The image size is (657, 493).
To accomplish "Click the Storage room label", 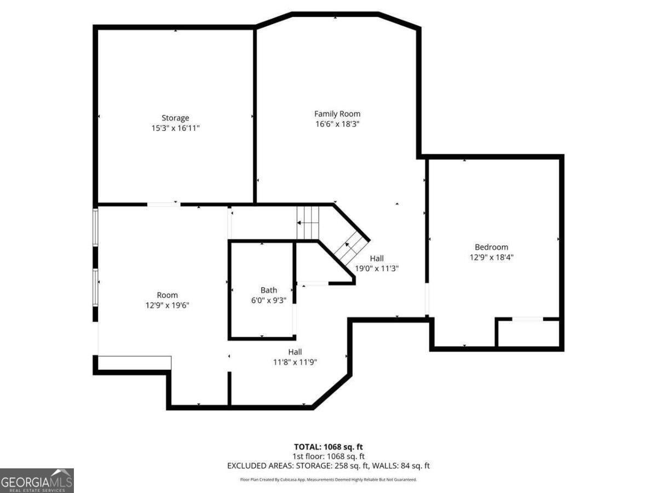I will (x=175, y=118).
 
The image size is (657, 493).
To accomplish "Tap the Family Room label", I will (x=337, y=114).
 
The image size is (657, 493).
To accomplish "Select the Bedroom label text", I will (x=491, y=247).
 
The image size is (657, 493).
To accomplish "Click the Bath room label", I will (x=268, y=290).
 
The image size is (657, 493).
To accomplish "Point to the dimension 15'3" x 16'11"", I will (x=175, y=128).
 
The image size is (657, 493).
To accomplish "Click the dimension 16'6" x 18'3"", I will (x=337, y=124).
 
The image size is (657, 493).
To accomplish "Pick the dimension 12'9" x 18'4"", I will (x=491, y=257).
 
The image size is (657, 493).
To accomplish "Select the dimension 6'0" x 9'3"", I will (x=268, y=300).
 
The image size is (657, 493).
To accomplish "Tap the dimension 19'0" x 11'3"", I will (x=377, y=268).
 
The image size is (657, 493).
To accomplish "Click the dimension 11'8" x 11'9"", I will (x=295, y=362).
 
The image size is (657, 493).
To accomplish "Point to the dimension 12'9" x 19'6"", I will (x=167, y=305).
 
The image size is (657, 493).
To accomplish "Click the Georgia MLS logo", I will (x=37, y=480).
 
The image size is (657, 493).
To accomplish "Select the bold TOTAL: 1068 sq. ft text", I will (x=328, y=447).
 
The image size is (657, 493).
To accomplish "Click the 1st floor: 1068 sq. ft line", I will (x=328, y=456).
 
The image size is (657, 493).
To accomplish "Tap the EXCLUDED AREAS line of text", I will (x=328, y=466).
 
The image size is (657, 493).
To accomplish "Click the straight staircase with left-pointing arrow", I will (x=308, y=222).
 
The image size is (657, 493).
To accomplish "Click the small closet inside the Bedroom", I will (x=528, y=333).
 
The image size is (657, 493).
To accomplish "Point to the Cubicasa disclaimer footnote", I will (x=328, y=479).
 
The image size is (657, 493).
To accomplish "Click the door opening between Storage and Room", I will (x=164, y=204).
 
